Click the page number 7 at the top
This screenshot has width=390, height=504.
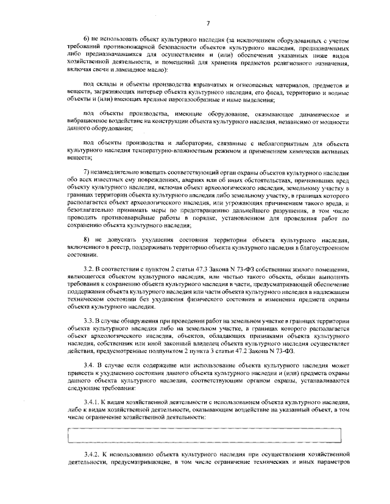[x=208, y=23]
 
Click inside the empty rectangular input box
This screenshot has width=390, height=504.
[x=208, y=435]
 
